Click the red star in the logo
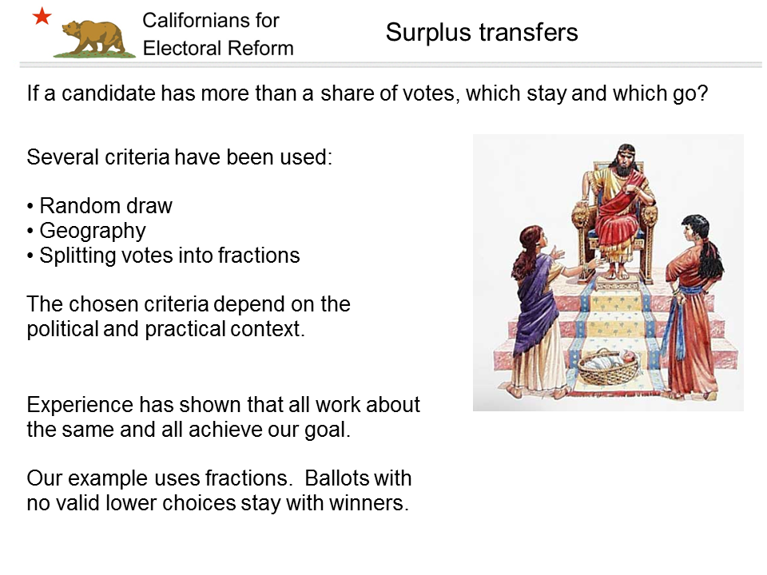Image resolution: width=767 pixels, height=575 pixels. (x=42, y=17)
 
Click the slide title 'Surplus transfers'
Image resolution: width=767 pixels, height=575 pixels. (x=481, y=32)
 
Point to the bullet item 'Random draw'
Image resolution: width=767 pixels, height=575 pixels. (x=105, y=206)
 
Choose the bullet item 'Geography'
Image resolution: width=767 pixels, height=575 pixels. (x=93, y=231)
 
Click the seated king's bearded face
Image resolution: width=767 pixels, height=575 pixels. (x=623, y=161)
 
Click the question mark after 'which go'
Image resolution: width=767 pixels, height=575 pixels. (x=702, y=93)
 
